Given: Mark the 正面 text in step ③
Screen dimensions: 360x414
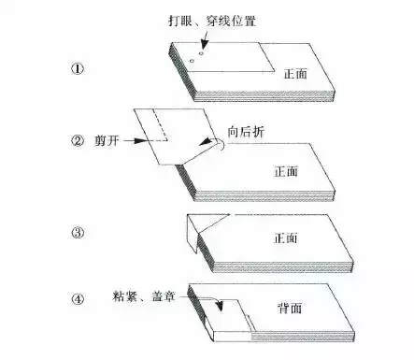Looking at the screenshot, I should [x=286, y=238].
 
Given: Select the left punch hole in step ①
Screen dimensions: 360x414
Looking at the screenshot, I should [x=191, y=63].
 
